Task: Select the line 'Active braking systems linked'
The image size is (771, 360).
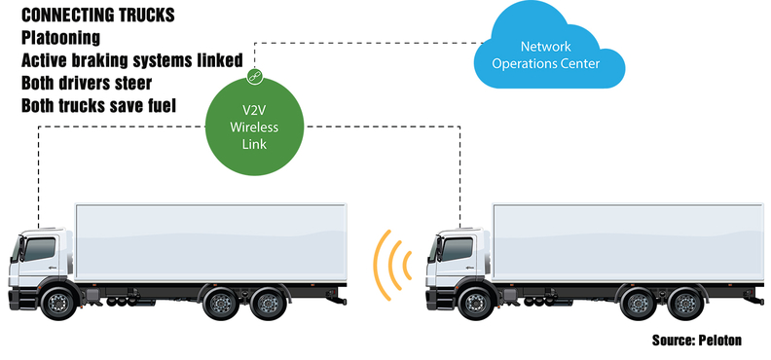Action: (x=131, y=60)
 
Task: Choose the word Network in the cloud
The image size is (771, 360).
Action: (x=545, y=47)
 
